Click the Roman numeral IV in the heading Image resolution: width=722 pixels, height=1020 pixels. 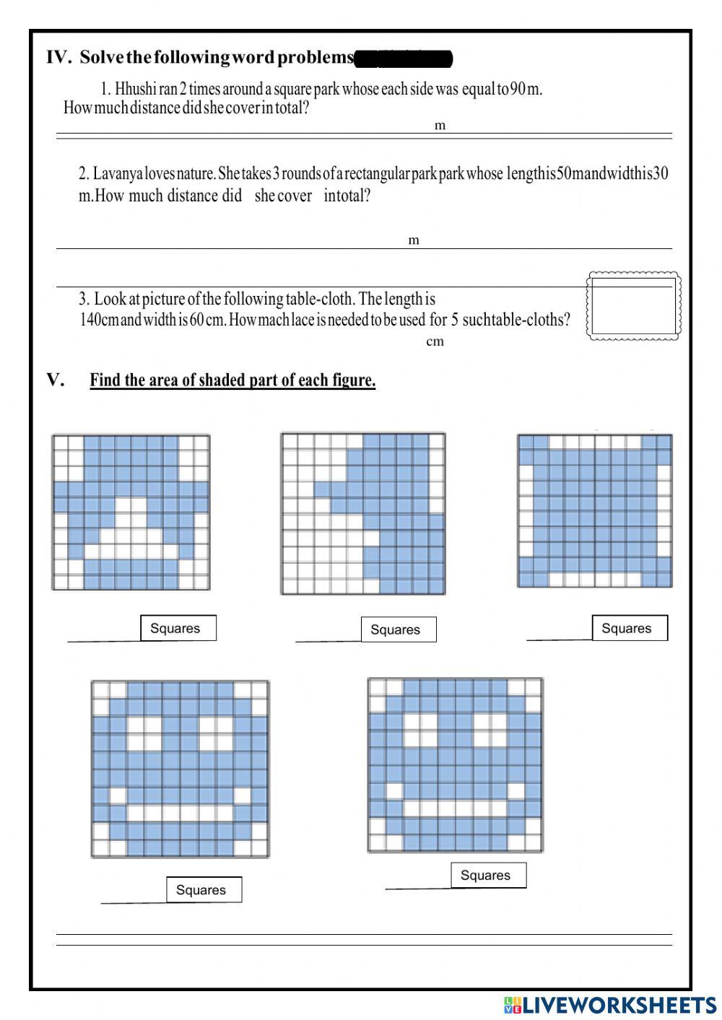[57, 58]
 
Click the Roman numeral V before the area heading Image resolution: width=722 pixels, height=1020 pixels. [55, 380]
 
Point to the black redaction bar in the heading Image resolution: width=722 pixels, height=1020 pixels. [404, 58]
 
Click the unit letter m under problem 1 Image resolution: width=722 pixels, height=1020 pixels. [440, 126]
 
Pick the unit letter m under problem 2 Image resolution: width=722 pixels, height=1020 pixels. [414, 240]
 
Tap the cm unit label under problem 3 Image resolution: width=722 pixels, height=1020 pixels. [435, 341]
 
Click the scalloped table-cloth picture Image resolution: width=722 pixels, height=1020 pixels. [633, 305]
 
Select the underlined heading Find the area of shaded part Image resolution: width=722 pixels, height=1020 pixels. [232, 380]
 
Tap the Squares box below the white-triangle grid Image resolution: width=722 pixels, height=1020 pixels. [178, 628]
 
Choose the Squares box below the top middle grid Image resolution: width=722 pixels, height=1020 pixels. [398, 629]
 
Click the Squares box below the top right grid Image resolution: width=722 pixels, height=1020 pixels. [629, 628]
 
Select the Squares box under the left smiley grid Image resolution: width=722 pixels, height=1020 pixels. [203, 889]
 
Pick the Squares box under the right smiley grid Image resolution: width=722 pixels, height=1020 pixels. [488, 875]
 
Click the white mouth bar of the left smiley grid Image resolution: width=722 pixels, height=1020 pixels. [180, 814]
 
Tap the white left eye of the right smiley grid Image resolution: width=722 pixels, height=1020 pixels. [421, 729]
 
